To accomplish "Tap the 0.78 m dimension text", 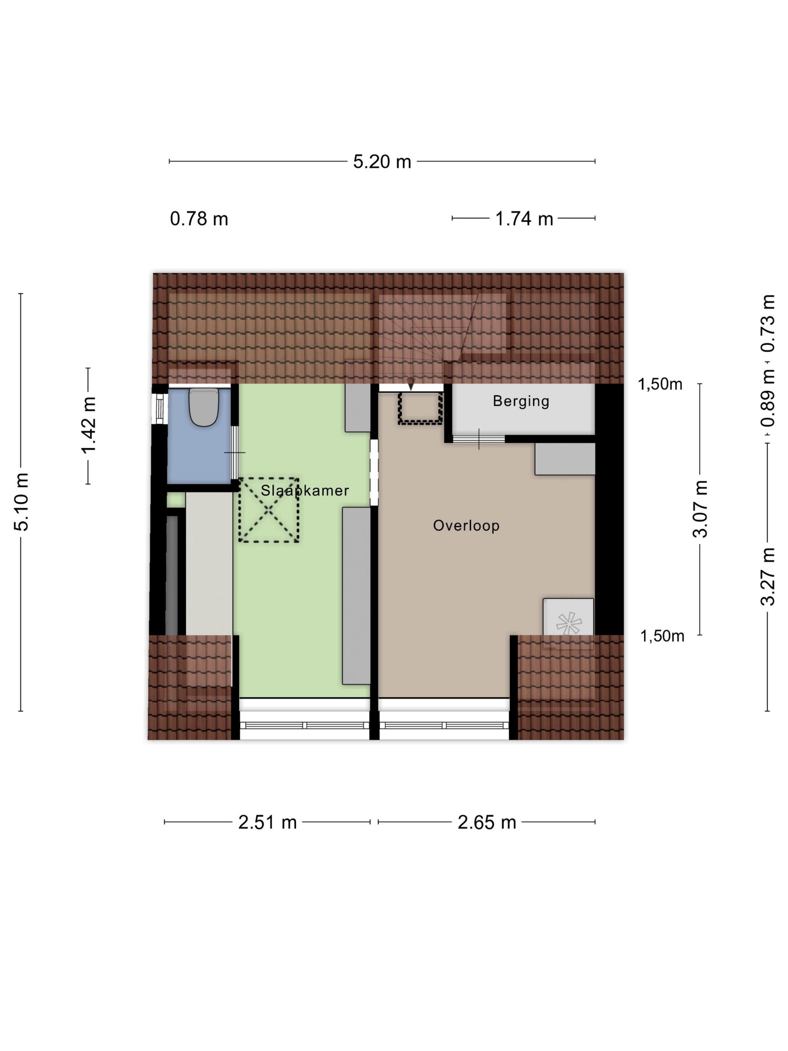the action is click(x=199, y=219).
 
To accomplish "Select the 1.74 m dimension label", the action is click(x=524, y=219).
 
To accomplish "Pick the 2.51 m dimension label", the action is click(x=268, y=822).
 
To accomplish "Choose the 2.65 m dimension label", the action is click(x=487, y=822).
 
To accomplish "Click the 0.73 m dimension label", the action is click(x=768, y=323).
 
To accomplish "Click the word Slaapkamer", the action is click(x=305, y=490).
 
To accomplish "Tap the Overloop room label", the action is click(x=466, y=525).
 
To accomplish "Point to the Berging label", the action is click(x=521, y=401).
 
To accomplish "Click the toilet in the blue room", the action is click(x=204, y=407).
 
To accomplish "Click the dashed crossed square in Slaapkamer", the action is click(x=268, y=510).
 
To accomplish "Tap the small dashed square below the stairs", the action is click(x=420, y=407).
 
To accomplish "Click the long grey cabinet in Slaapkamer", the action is click(x=356, y=596).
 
